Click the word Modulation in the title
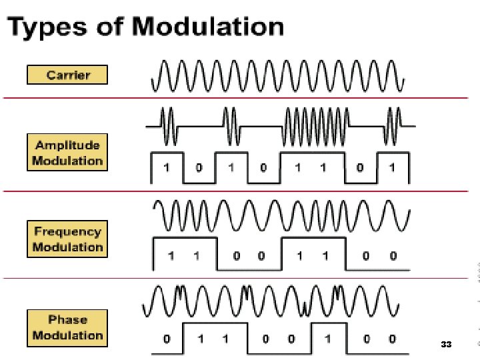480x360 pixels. click(208, 27)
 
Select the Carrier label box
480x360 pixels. click(67, 74)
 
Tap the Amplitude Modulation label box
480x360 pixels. click(67, 153)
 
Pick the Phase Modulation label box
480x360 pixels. click(67, 327)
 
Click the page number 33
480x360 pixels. click(446, 345)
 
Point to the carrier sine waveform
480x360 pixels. click(279, 75)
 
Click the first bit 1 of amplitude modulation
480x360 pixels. click(166, 167)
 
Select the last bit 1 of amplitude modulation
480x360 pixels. click(391, 167)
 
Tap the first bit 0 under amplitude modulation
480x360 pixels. click(198, 167)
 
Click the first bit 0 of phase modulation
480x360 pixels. click(167, 339)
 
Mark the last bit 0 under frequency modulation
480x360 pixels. click(393, 255)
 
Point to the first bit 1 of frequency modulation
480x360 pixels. click(171, 255)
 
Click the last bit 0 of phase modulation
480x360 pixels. click(393, 339)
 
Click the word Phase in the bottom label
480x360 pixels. click(67, 319)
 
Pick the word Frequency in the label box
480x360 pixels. click(67, 232)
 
